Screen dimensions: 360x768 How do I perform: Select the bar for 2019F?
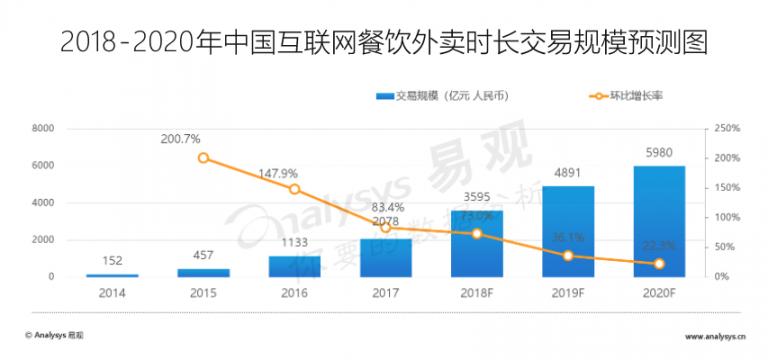567,231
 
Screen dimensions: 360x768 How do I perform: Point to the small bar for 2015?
203,272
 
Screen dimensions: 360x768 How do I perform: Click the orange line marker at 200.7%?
203,158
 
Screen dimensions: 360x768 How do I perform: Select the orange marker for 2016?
294,189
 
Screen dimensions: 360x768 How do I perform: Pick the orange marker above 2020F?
658,264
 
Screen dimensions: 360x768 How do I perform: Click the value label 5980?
658,154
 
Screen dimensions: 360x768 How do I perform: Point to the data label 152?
112,261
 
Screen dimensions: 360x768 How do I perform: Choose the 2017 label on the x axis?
385,293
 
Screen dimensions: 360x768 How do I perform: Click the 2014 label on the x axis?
112,293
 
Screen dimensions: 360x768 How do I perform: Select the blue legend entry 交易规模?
440,96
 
